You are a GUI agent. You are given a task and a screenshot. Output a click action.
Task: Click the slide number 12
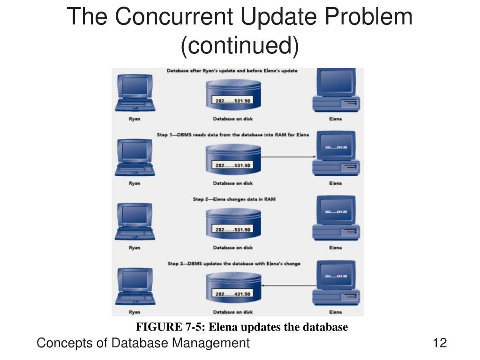click(440, 343)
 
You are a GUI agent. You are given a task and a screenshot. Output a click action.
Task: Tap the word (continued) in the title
click(240, 46)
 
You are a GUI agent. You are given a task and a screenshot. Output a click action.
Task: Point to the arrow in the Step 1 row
click(286, 157)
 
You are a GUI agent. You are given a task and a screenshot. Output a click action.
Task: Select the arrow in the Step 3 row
click(286, 285)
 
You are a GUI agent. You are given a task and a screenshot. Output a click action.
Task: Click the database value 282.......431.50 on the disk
click(233, 294)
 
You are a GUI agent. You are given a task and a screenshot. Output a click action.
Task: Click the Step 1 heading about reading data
click(232, 135)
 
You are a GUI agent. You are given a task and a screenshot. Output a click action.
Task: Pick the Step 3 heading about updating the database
click(234, 264)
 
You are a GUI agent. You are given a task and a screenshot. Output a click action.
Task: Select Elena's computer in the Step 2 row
click(336, 218)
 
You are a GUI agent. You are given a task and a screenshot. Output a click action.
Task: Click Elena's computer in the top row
click(336, 90)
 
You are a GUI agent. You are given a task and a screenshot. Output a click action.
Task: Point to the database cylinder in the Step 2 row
click(233, 224)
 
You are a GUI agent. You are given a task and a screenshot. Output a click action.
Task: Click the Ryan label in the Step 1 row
click(135, 183)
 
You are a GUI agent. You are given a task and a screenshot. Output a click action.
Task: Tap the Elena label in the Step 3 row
click(336, 312)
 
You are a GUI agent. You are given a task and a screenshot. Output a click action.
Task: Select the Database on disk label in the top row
click(233, 119)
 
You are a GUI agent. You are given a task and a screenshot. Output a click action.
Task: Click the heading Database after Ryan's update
click(232, 71)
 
